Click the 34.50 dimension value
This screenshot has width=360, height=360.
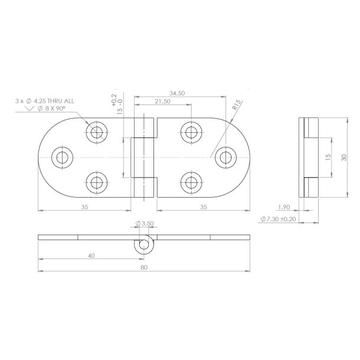point(178,93)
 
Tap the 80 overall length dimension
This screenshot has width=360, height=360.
point(143,267)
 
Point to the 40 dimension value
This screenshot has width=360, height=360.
point(90,256)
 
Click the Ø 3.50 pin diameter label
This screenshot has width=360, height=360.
point(145,224)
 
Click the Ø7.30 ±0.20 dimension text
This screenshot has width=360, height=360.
point(279,219)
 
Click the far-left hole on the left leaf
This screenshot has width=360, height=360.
point(61,156)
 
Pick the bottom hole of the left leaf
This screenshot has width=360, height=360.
point(95,182)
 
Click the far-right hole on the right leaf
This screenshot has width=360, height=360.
point(224,156)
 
